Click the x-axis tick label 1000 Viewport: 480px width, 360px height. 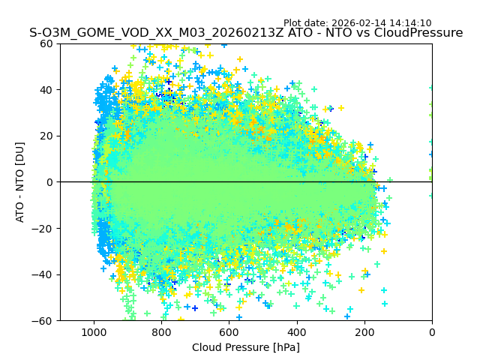click(x=94, y=331)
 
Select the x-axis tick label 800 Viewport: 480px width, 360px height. click(x=161, y=331)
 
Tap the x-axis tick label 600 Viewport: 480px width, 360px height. click(x=229, y=331)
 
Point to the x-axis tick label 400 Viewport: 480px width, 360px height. click(x=297, y=331)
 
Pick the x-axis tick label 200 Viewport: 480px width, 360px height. click(x=364, y=331)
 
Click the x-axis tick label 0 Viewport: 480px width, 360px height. click(x=432, y=331)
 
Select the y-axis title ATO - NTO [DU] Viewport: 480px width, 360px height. click(x=21, y=182)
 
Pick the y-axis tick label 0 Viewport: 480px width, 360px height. click(x=52, y=182)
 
